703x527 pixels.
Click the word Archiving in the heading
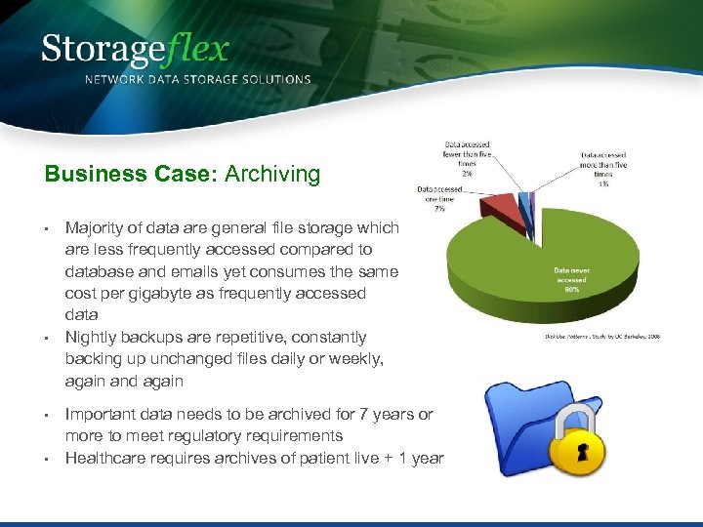272,175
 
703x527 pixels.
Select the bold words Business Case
132,175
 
